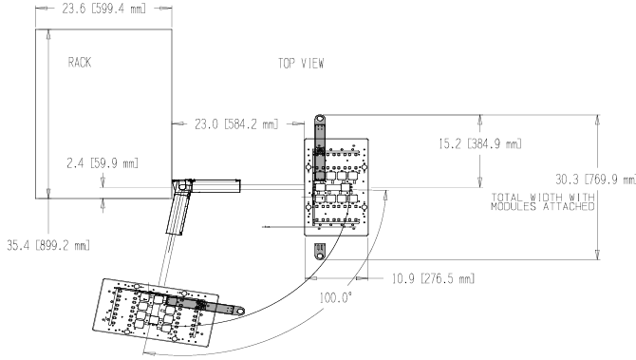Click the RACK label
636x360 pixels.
click(80, 62)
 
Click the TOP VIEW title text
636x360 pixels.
click(301, 64)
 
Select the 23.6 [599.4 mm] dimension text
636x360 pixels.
click(103, 9)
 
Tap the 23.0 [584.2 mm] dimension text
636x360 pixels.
click(236, 123)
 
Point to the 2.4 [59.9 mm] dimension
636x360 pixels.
click(103, 163)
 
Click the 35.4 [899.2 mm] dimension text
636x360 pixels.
click(48, 245)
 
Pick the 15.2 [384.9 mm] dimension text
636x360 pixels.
click(480, 143)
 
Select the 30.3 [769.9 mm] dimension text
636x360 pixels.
click(595, 179)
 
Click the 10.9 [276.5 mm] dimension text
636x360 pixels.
click(433, 279)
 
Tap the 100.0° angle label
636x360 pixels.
click(335, 298)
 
